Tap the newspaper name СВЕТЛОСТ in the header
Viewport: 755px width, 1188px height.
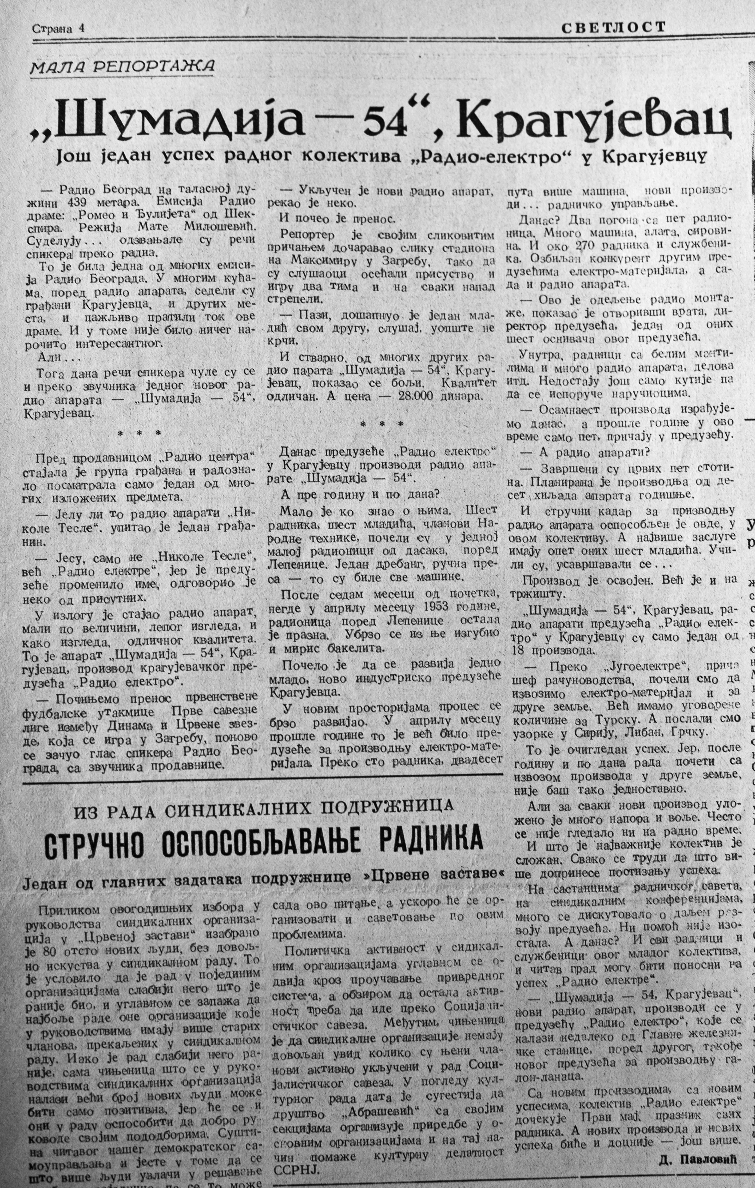(x=613, y=27)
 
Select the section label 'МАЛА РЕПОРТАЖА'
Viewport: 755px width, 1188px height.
(x=122, y=66)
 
